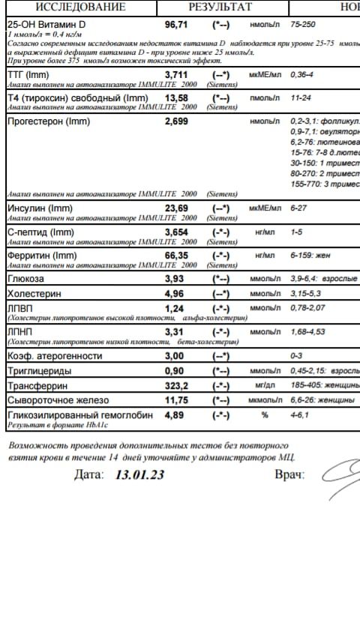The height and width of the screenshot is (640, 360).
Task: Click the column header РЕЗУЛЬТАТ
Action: coord(220,8)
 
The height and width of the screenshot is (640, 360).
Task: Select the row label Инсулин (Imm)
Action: coord(38,208)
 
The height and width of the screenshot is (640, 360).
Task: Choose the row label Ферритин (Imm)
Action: coord(42,256)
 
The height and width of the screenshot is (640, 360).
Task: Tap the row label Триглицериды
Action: coord(39,371)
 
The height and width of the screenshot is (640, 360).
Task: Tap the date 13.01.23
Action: coord(139,474)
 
